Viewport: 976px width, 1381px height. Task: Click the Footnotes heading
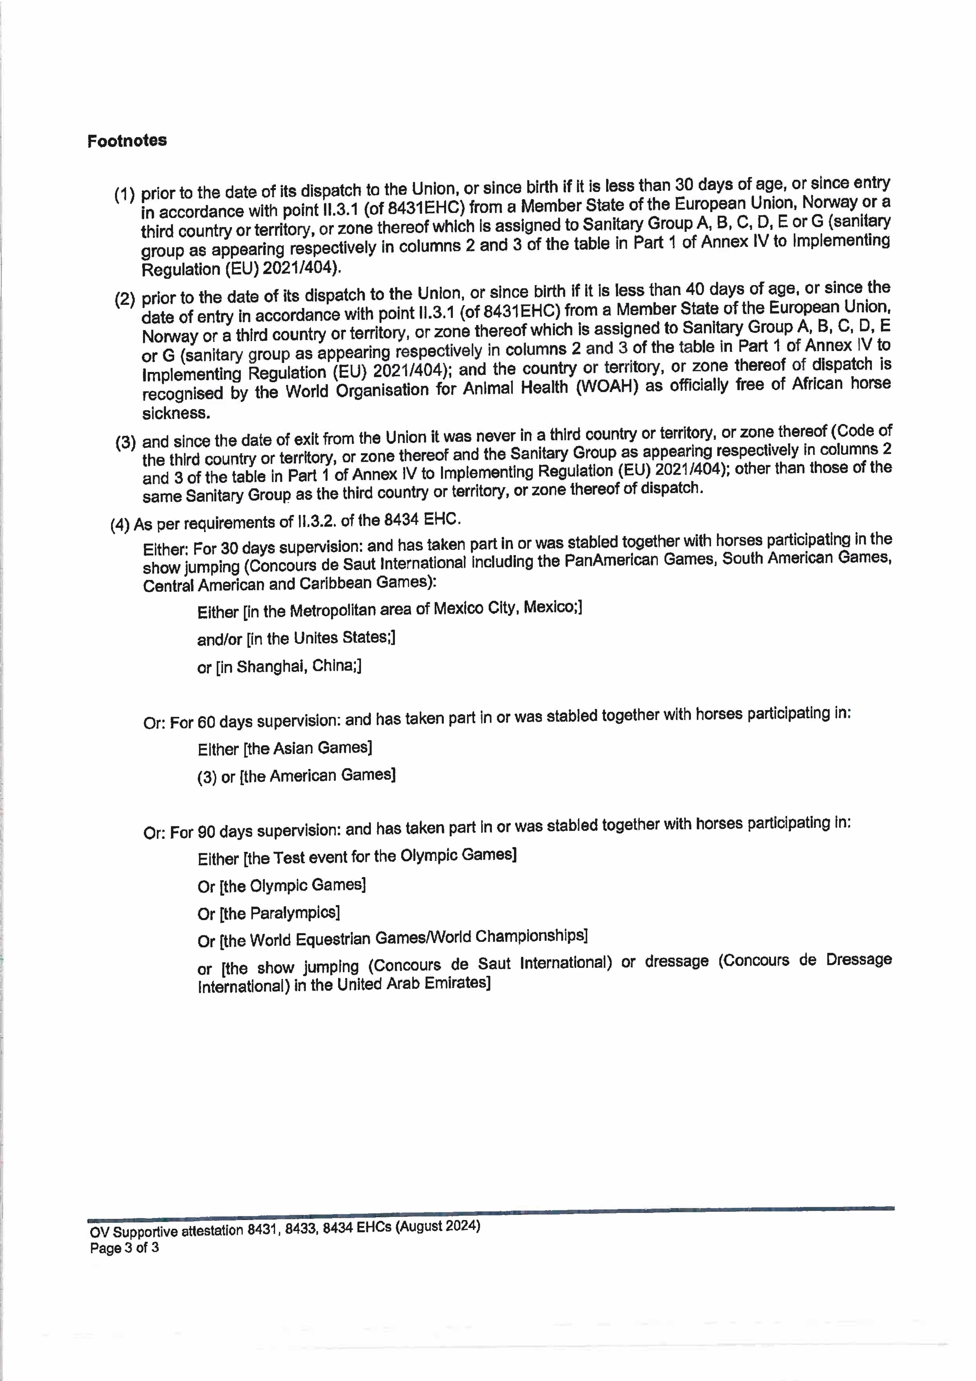(x=127, y=141)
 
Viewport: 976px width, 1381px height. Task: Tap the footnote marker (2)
(x=125, y=299)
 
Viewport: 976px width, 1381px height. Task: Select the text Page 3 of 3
(x=125, y=1248)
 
